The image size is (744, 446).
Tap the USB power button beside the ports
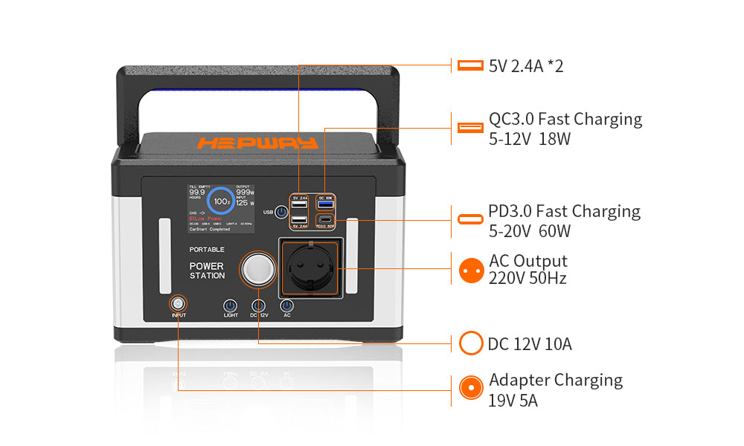tap(280, 213)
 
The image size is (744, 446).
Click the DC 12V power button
tap(258, 306)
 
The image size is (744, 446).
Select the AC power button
tap(286, 306)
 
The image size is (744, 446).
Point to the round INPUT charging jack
tap(178, 303)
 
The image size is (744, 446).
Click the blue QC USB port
tap(325, 204)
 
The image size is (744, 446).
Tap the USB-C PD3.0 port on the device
tap(325, 220)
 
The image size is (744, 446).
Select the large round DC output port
tap(257, 269)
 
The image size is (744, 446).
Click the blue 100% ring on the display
tap(221, 201)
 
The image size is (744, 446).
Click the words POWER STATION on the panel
tap(206, 271)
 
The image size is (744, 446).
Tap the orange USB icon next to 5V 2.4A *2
tap(470, 65)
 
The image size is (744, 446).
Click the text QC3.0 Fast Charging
tap(565, 119)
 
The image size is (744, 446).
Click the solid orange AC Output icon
tap(470, 270)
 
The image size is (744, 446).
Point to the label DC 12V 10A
tap(530, 343)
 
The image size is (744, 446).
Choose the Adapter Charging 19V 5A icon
tap(470, 388)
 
